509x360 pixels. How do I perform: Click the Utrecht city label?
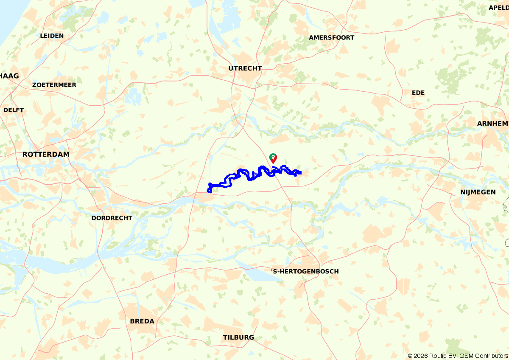[245, 68]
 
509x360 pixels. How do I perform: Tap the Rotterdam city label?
[46, 155]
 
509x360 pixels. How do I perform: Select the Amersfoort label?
[331, 38]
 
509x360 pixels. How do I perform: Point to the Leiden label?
[52, 36]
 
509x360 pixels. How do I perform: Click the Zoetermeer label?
[54, 85]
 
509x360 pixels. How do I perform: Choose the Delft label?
[14, 110]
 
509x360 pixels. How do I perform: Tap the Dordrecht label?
[112, 218]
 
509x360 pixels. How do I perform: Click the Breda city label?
[142, 321]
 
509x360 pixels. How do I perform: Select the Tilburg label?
[238, 337]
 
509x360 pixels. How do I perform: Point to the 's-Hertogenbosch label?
[305, 271]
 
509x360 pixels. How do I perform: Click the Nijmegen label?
[478, 192]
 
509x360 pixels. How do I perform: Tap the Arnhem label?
[492, 124]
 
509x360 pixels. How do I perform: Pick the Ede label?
[418, 93]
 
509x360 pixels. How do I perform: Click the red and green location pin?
[274, 158]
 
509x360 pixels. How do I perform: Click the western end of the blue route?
[209, 191]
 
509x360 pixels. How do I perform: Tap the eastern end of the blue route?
[300, 172]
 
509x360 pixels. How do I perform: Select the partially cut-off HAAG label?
[9, 76]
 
